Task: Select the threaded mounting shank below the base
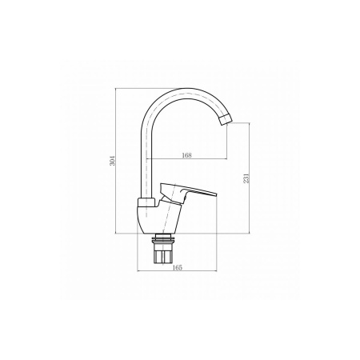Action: (165, 254)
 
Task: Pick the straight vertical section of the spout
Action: (147, 156)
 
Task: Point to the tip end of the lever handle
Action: (217, 193)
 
